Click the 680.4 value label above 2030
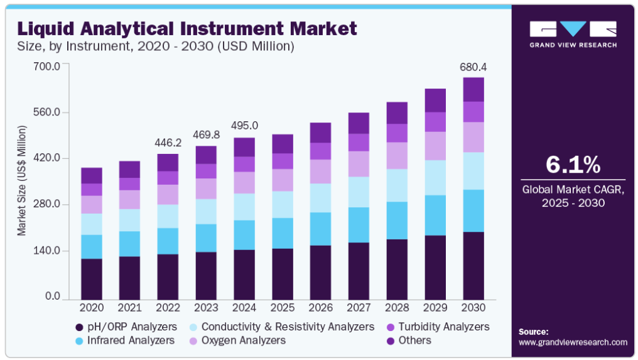point(473,67)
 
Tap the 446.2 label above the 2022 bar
point(168,143)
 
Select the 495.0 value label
point(244,126)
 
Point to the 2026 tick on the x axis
point(321,307)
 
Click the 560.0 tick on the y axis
point(47,112)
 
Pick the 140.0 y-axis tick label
point(47,251)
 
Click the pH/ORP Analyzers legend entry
point(126,327)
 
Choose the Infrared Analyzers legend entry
point(125,341)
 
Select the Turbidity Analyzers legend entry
point(438,327)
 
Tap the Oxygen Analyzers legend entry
point(237,341)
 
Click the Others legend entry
point(409,341)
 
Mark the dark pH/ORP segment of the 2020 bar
point(92,280)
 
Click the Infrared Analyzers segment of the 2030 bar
point(473,211)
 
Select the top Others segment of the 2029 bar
point(435,100)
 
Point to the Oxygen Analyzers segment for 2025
point(283,180)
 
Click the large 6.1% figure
point(573,165)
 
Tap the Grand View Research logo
point(573,34)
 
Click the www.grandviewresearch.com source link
point(573,342)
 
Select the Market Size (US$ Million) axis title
point(21,180)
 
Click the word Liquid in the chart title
point(46,29)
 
